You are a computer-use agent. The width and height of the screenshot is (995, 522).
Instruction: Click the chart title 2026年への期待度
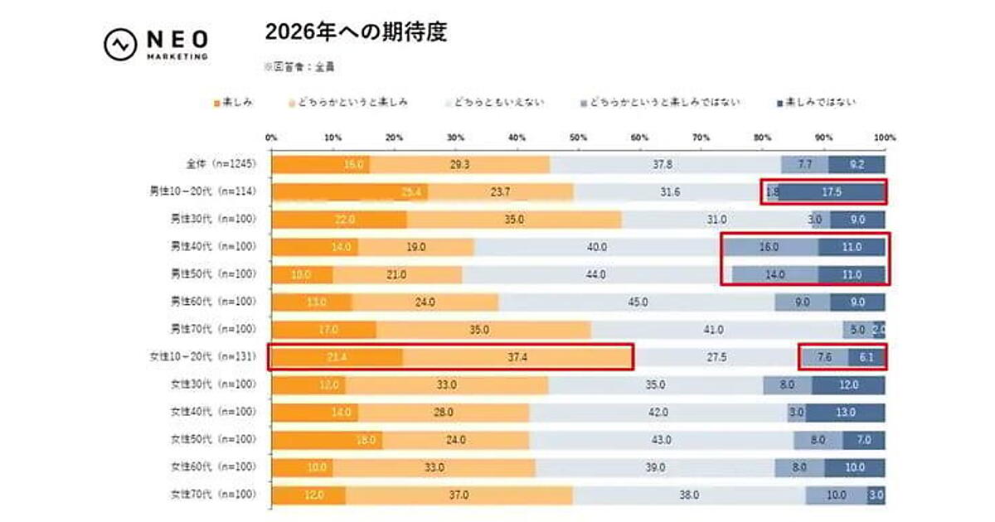click(x=356, y=32)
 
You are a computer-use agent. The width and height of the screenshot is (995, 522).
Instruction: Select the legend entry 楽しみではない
click(x=816, y=103)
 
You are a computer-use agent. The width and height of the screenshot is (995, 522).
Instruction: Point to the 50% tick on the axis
click(x=579, y=137)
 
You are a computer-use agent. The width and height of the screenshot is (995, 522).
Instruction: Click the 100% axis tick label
click(x=884, y=137)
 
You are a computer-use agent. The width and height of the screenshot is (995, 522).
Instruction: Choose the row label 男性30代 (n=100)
click(x=216, y=220)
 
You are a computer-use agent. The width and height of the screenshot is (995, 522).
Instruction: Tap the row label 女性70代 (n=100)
click(x=216, y=495)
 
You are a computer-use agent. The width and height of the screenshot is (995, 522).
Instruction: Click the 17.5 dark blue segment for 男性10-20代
click(x=831, y=192)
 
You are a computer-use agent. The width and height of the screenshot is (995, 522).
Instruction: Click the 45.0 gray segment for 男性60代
click(x=637, y=302)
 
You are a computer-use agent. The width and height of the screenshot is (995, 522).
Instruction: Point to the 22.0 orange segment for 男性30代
click(x=338, y=220)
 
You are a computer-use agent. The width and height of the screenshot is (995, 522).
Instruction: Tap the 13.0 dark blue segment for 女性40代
click(x=845, y=412)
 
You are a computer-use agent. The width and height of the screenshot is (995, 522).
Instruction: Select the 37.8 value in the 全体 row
click(x=663, y=164)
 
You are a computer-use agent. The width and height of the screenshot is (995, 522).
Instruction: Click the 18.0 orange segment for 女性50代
click(x=327, y=439)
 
